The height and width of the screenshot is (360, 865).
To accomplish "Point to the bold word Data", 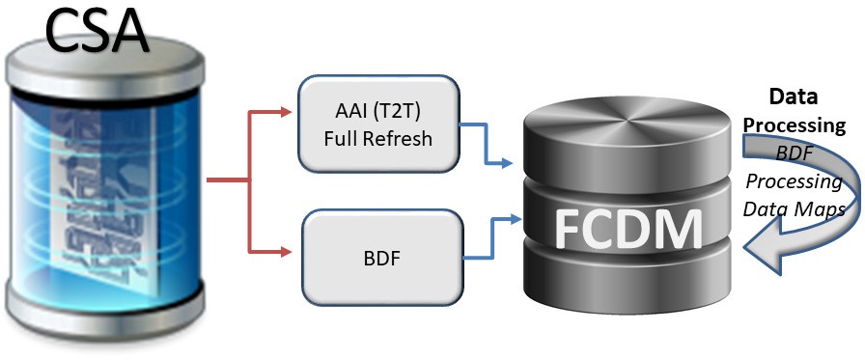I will pyautogui.click(x=793, y=97).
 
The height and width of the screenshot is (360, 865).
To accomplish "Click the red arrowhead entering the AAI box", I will pyautogui.click(x=286, y=113).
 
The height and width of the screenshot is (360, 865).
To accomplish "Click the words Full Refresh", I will pyautogui.click(x=378, y=138).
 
